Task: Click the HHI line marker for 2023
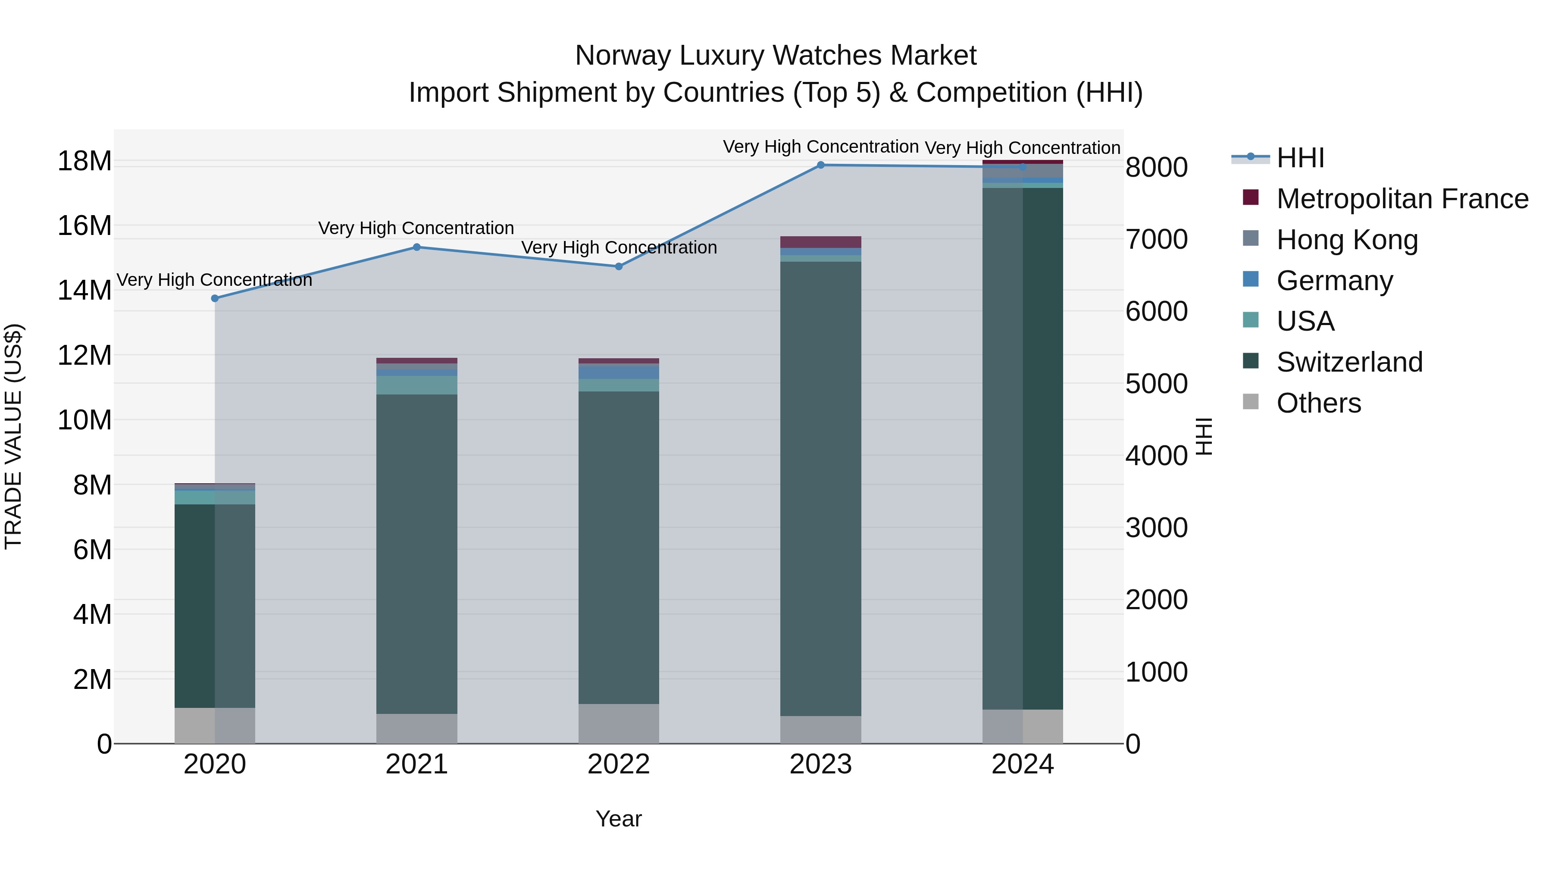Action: coord(820,165)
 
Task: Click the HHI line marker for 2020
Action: coord(215,298)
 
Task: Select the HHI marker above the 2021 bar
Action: coord(417,247)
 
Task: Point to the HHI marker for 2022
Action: coord(619,266)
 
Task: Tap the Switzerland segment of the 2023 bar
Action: coord(820,488)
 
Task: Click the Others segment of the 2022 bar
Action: coord(619,723)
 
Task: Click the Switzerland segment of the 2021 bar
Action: coord(417,554)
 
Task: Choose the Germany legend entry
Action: coord(1334,280)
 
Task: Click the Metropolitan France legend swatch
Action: coord(1251,197)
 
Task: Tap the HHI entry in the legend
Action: coord(1300,158)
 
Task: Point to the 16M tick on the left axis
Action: coord(84,226)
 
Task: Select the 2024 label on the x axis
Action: coord(1023,764)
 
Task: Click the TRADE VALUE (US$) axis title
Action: coord(13,436)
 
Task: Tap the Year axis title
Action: coord(619,819)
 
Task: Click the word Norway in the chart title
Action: coord(623,56)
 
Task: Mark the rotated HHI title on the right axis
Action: coord(1203,436)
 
